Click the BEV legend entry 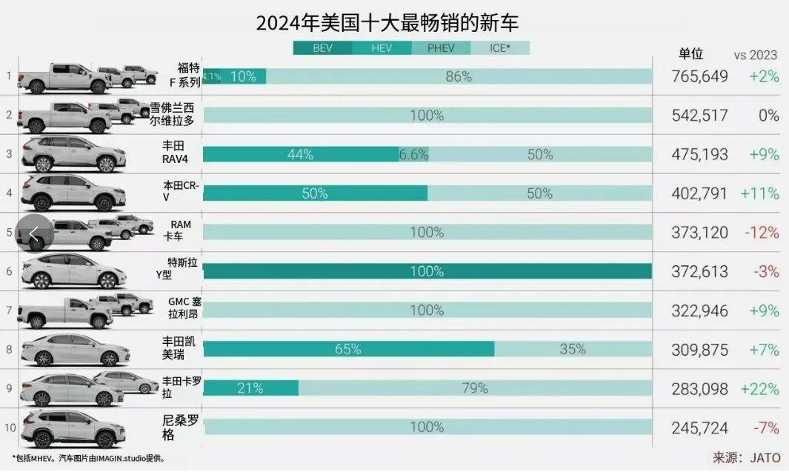[322, 49]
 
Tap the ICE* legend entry [500, 49]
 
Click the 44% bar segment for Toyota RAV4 [300, 155]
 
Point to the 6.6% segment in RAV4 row [413, 155]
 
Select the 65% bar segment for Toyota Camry [348, 349]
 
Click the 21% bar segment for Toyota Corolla [250, 388]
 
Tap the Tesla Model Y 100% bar [427, 271]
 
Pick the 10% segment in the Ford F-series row [243, 76]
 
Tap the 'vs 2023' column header [756, 55]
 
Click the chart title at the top [387, 23]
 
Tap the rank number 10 [9, 428]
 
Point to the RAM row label [181, 230]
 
